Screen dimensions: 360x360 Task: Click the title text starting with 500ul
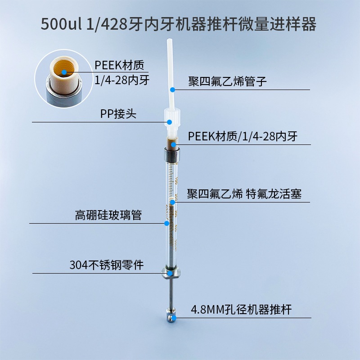[179, 24]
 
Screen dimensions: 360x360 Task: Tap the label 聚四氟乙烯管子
[228, 81]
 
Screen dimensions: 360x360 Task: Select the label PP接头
[118, 114]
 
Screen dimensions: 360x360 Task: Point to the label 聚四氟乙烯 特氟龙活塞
[244, 194]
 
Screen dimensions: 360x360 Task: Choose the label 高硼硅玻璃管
[108, 215]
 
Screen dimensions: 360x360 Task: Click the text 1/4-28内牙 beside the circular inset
[122, 80]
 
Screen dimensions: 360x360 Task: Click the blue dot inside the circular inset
[64, 71]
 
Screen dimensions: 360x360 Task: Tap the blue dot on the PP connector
[170, 121]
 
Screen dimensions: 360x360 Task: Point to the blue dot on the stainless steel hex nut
[170, 273]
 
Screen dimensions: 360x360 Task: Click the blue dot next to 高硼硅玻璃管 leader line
[166, 223]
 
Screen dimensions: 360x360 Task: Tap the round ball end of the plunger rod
[169, 317]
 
